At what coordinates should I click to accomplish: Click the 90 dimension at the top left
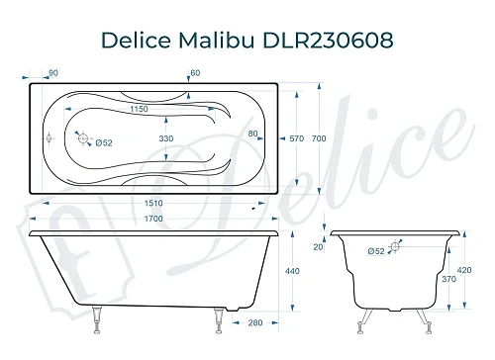click(x=52, y=73)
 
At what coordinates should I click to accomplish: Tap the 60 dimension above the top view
click(x=195, y=73)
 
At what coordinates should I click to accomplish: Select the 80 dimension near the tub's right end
click(x=253, y=134)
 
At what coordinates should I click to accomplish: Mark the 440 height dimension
click(x=293, y=270)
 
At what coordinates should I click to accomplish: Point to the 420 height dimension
click(x=479, y=268)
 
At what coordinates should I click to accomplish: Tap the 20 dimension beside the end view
click(x=319, y=247)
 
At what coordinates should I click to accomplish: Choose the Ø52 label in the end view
click(x=376, y=252)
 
